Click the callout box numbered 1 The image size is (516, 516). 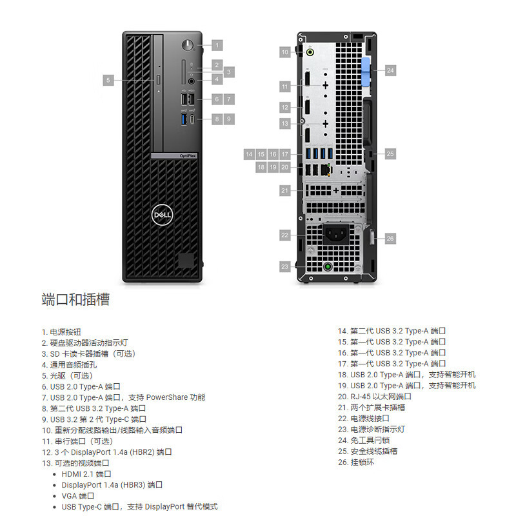point(217,45)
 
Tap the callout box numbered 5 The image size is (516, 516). point(108,80)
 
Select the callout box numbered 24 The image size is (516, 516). point(390,71)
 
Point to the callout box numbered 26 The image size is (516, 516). point(390,239)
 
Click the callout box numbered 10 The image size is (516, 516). point(285,52)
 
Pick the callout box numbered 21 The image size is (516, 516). point(285,190)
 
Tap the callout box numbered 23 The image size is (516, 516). point(285,266)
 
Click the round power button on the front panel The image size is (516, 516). point(189,45)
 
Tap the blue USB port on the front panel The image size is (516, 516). point(184,119)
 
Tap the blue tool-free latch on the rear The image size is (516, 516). point(367,70)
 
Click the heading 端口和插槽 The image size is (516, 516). point(75,299)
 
